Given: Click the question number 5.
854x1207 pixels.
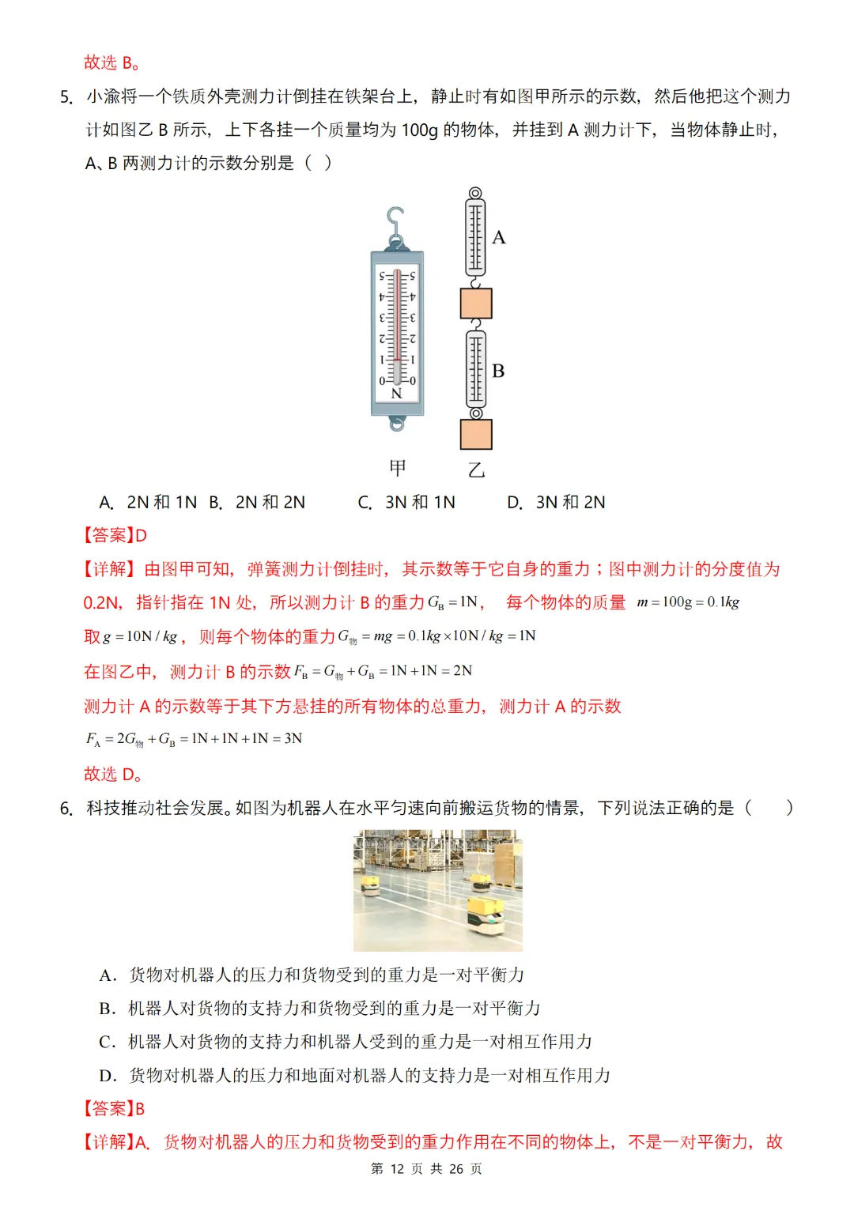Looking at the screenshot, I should pyautogui.click(x=66, y=97).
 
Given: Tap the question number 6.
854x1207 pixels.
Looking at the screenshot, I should pyautogui.click(x=66, y=809).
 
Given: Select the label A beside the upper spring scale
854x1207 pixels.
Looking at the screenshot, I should pyautogui.click(x=499, y=237).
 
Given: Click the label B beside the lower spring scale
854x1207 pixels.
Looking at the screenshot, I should pyautogui.click(x=498, y=371).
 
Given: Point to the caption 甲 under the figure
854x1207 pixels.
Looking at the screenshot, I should pyautogui.click(x=398, y=468).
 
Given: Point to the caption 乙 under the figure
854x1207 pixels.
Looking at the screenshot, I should pyautogui.click(x=476, y=470).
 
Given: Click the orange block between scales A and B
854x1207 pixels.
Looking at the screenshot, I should pyautogui.click(x=476, y=304).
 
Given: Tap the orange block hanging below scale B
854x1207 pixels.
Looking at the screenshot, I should pyautogui.click(x=476, y=435).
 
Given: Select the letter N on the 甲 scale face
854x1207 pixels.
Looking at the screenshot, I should pyautogui.click(x=397, y=393).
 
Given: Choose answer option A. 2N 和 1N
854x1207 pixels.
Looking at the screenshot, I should pyautogui.click(x=148, y=503).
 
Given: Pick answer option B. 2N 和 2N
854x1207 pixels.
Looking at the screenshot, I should pyautogui.click(x=257, y=503).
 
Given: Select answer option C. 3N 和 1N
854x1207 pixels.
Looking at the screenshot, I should pyautogui.click(x=406, y=503).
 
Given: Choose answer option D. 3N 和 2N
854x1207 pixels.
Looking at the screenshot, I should pyautogui.click(x=556, y=503).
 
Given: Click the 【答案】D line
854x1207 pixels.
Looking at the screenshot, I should pyautogui.click(x=115, y=536).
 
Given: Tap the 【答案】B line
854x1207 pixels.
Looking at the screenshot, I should pyautogui.click(x=115, y=1108).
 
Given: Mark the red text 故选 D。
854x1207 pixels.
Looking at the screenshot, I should pyautogui.click(x=113, y=774).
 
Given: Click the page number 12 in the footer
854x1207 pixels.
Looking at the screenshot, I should pyautogui.click(x=397, y=1169).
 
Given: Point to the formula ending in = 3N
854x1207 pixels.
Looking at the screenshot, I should pyautogui.click(x=194, y=739).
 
